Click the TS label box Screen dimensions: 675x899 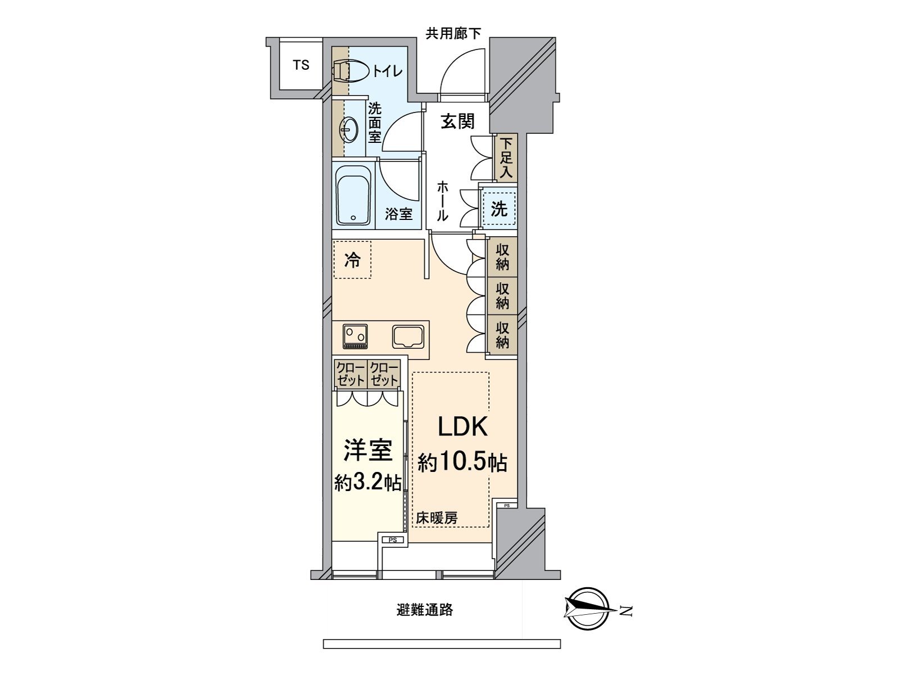[x=301, y=65]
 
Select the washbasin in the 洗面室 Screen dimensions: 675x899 [x=348, y=130]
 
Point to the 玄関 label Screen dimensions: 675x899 [x=457, y=121]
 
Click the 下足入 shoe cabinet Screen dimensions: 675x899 [x=505, y=158]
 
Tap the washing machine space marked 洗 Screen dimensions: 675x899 [x=499, y=209]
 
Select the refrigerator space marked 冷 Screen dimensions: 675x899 [x=352, y=260]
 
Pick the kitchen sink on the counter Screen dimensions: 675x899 [x=410, y=336]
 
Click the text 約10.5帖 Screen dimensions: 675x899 [x=462, y=463]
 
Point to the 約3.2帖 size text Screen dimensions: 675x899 [x=367, y=482]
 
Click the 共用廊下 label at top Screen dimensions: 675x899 [x=453, y=34]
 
